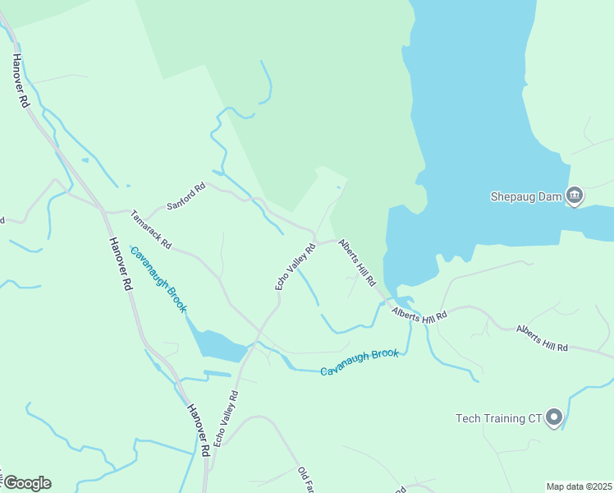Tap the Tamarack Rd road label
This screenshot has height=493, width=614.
click(x=151, y=229)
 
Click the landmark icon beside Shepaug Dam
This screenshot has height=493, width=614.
click(x=575, y=196)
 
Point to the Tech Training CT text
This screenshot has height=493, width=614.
click(x=500, y=418)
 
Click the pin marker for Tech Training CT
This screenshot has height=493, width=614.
click(x=554, y=417)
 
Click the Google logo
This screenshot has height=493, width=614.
click(x=26, y=483)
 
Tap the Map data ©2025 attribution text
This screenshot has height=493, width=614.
click(x=579, y=486)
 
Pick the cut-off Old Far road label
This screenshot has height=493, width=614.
click(x=306, y=480)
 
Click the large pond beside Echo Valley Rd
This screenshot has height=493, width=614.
click(x=217, y=344)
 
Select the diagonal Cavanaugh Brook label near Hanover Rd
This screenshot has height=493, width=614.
click(x=158, y=280)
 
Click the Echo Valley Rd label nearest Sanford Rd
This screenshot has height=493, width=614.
click(x=296, y=266)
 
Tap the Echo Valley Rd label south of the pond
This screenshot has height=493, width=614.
click(x=225, y=418)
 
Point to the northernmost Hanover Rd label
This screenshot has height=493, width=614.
click(x=21, y=81)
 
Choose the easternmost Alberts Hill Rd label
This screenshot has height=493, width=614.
click(x=542, y=338)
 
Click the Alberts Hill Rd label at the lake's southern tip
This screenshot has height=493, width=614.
click(x=419, y=316)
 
